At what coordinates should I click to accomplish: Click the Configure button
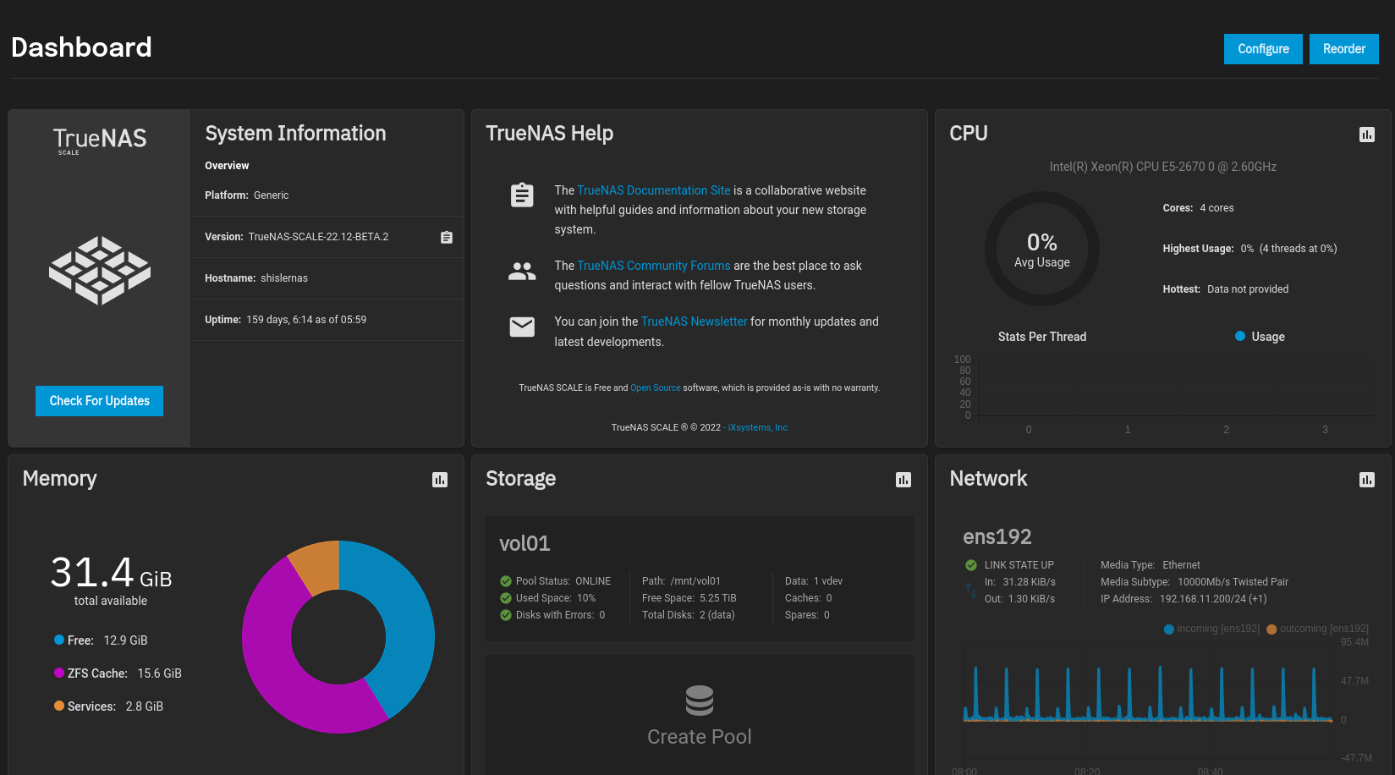click(x=1263, y=49)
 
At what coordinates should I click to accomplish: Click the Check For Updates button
click(x=99, y=401)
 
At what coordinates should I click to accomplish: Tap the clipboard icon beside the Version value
click(x=447, y=237)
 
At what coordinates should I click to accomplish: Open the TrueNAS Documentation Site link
click(x=653, y=190)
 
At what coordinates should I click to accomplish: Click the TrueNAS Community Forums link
click(x=653, y=266)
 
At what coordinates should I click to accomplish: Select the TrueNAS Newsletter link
click(x=694, y=322)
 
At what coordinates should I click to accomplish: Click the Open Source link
click(x=655, y=387)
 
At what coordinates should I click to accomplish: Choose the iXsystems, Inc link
click(x=757, y=427)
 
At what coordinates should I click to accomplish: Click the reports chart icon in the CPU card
click(x=1366, y=135)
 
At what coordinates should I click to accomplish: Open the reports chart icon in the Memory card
click(x=440, y=480)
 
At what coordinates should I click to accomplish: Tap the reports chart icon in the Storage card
click(x=903, y=480)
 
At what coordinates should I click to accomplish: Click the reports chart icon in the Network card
click(x=1366, y=480)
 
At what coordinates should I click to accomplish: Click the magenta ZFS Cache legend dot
click(x=59, y=673)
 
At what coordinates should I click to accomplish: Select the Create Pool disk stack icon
click(x=700, y=701)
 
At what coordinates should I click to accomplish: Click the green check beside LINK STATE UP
click(x=971, y=565)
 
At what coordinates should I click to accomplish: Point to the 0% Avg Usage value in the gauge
click(x=1041, y=243)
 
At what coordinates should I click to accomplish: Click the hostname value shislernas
click(x=284, y=278)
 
